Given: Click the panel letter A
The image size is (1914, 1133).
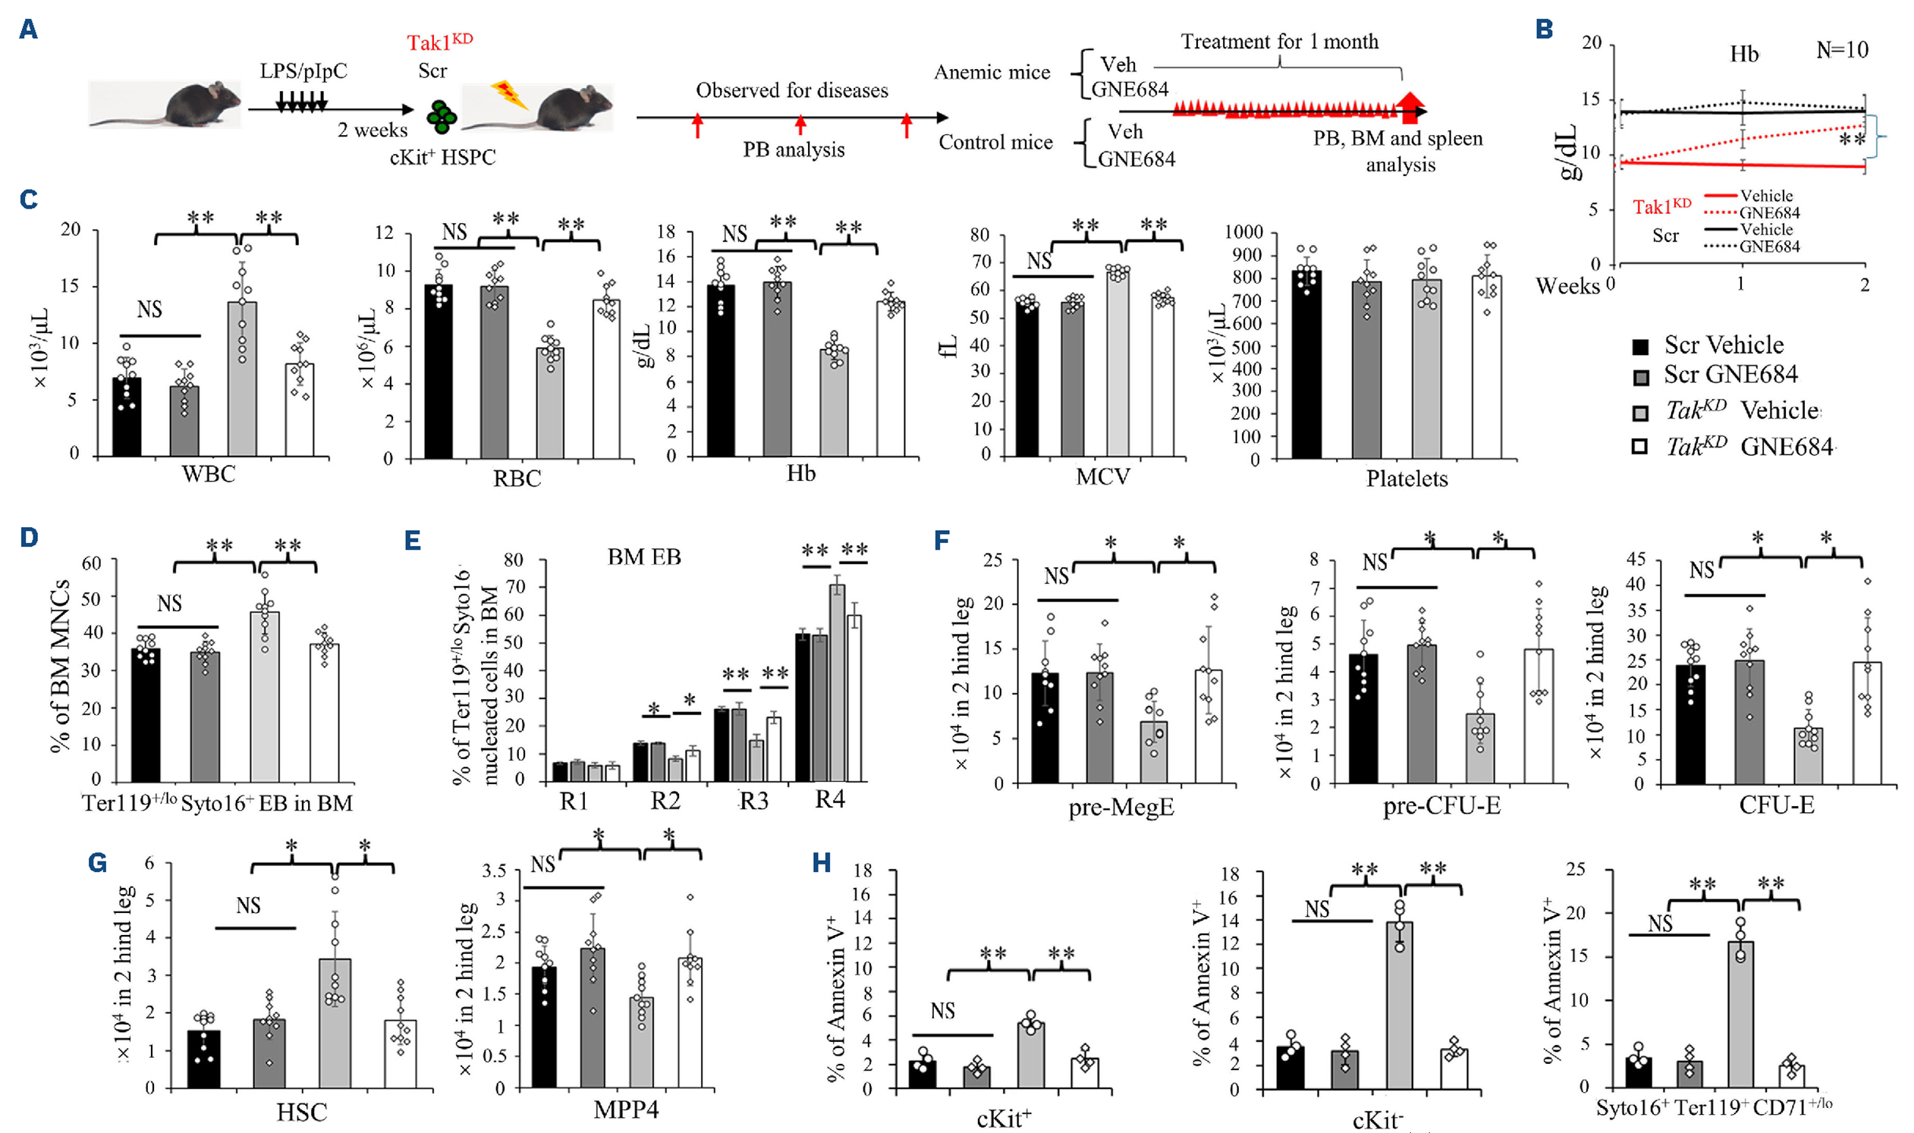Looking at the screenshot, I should (x=28, y=30).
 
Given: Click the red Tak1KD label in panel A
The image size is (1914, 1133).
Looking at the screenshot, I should (x=439, y=42).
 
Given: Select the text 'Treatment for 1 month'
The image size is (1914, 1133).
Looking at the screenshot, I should (x=1279, y=41).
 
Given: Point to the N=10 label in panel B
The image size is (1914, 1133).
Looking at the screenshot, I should (x=1841, y=50).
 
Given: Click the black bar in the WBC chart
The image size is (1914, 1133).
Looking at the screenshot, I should (x=127, y=417).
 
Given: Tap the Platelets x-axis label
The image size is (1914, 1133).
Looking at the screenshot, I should (x=1406, y=479).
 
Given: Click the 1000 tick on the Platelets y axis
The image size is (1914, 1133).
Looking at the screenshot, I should (x=1243, y=232).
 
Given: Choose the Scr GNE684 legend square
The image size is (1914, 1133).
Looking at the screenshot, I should (x=1640, y=376).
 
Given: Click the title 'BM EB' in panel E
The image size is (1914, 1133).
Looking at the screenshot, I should (x=644, y=557).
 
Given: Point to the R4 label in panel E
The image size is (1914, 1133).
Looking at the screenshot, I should (x=829, y=799).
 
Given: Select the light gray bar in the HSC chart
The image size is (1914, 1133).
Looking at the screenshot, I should (x=335, y=1022).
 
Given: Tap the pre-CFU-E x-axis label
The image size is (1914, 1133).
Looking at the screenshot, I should (x=1441, y=806).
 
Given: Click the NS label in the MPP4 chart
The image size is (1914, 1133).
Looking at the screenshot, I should (x=542, y=865).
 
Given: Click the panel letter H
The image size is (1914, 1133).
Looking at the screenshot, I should (x=821, y=864).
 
